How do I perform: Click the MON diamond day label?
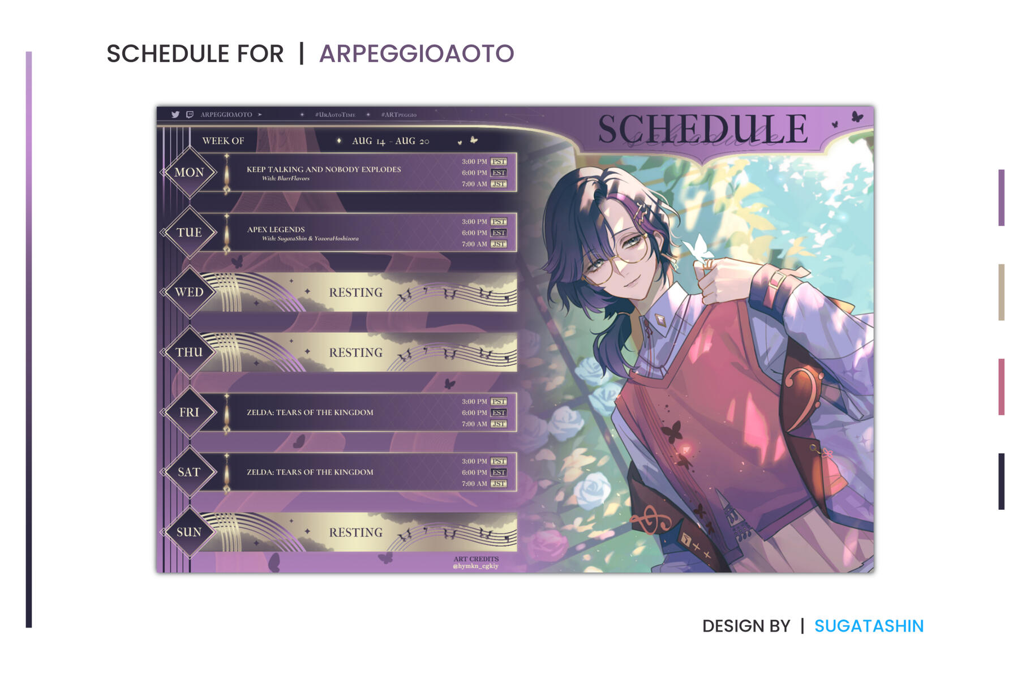pos(189,172)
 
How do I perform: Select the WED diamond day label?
pos(189,292)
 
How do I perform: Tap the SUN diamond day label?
pos(189,532)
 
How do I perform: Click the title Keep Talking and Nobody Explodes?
pos(324,169)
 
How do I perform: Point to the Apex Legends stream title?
pos(276,229)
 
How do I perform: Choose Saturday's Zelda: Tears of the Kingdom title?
pos(310,472)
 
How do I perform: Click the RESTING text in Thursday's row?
pos(356,353)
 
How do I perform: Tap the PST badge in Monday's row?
pos(499,161)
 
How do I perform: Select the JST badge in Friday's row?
pos(499,424)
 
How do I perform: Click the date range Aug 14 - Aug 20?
pos(390,141)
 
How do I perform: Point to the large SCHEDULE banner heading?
pos(703,129)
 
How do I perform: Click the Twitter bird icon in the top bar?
pos(175,114)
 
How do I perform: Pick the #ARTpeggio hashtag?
pos(399,115)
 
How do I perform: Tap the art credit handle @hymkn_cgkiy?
pos(475,566)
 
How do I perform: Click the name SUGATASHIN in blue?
pos(869,626)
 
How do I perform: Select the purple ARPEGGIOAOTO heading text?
pos(417,54)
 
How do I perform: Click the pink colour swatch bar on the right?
pos(1001,386)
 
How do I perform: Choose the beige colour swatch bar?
pos(1001,292)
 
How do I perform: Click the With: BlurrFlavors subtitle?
pos(286,178)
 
